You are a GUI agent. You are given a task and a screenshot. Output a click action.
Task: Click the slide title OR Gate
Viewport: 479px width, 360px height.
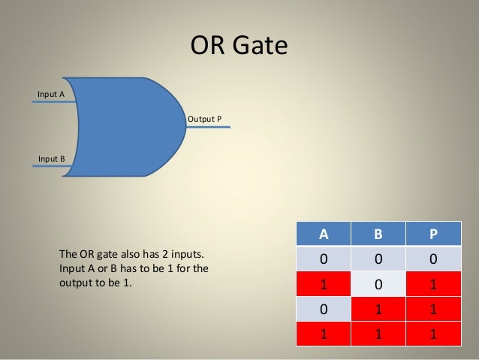(239, 47)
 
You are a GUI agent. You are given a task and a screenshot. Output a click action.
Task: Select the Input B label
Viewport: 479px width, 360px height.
(51, 159)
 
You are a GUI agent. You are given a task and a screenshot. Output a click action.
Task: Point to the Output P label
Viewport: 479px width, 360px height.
(204, 119)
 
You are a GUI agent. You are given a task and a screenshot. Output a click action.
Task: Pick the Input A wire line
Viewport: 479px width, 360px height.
(53, 101)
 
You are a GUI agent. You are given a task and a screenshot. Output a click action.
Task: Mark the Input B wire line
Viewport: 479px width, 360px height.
(53, 166)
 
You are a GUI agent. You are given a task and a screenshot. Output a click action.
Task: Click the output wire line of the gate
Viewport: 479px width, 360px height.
(210, 126)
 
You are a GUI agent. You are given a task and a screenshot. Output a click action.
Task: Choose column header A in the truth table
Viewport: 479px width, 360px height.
(324, 233)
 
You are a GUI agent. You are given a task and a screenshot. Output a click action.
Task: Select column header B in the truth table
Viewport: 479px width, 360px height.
(378, 233)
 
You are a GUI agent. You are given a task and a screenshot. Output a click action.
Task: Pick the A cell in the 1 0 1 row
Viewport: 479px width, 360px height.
(324, 285)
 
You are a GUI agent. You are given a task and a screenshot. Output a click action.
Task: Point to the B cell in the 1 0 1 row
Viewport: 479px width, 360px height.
(378, 285)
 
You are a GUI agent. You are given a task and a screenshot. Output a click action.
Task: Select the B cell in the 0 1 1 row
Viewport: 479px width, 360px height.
(378, 310)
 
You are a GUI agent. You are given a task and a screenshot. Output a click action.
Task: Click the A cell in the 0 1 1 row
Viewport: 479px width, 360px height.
(324, 310)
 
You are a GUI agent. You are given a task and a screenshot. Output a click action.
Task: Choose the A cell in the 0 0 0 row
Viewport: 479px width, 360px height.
(324, 259)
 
